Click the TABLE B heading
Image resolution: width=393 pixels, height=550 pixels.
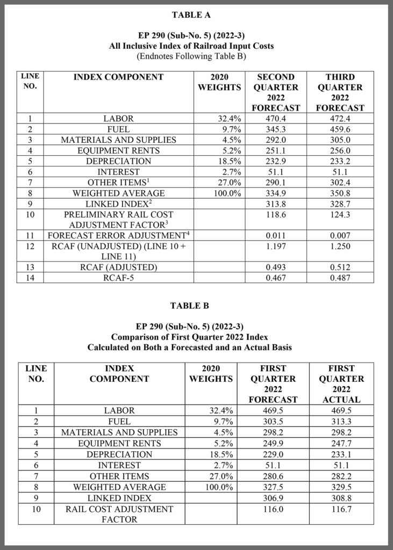(x=196, y=306)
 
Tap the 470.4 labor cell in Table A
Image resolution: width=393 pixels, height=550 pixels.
(x=276, y=119)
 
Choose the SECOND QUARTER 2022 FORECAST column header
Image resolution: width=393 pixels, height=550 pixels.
(x=276, y=92)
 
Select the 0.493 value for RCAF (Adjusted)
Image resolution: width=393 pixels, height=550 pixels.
(x=276, y=267)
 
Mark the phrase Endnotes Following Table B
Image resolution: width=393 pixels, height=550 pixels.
(x=196, y=55)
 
